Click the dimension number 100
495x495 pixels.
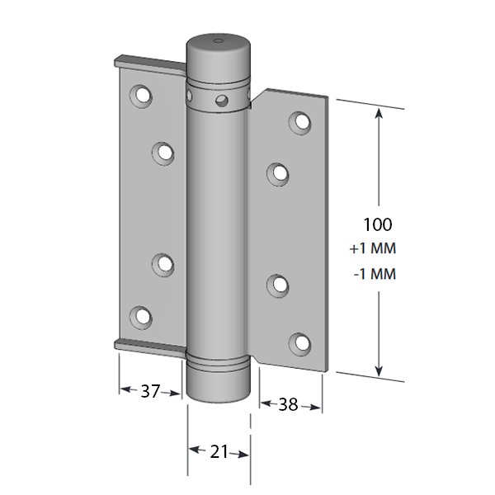pos(378,224)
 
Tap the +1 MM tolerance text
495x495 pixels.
pos(373,248)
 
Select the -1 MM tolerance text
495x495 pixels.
pos(375,274)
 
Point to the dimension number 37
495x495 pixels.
pos(150,391)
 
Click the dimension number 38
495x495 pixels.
pos(288,404)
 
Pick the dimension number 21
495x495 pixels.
pos(219,452)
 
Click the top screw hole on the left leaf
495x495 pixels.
pos(141,95)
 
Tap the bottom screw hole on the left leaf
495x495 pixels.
pos(141,317)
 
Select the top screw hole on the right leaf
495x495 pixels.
pos(300,122)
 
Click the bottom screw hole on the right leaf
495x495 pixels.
pos(300,344)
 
